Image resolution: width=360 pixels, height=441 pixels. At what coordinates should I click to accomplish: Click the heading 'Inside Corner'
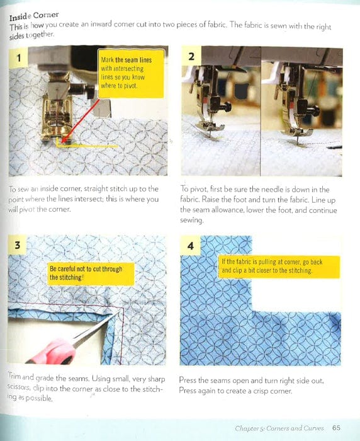(35, 14)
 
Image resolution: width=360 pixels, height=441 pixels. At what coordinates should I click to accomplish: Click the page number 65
(337, 428)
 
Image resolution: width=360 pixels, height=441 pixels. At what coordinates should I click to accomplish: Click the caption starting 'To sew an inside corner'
(84, 199)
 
